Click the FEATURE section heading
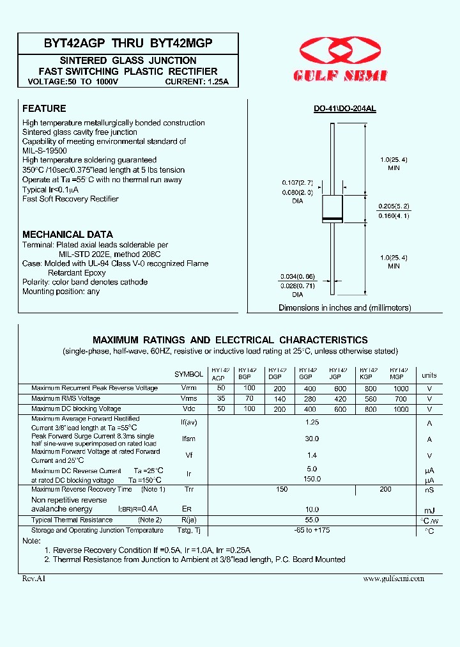tap(44, 109)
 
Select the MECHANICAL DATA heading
tap(68, 234)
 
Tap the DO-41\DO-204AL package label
tap(344, 109)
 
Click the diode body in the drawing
tap(332, 208)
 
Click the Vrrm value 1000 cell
tap(400, 388)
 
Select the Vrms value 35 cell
tap(221, 398)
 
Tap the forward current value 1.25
tap(312, 423)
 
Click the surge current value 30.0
tap(312, 439)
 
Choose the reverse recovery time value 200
tap(385, 489)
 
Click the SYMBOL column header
tap(188, 374)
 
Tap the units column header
tap(429, 375)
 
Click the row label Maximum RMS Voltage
tap(66, 398)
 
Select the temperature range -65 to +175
tap(312, 530)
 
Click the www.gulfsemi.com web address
tap(393, 578)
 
